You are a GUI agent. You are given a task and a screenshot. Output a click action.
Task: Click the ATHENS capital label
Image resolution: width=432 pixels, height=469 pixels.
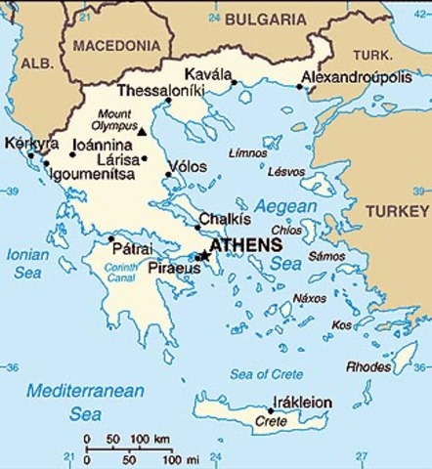point(246,245)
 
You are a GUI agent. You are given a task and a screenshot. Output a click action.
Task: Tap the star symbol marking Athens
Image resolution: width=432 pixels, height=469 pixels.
point(204,255)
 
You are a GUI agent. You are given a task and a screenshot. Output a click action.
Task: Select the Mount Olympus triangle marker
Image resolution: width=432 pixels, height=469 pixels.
point(142,131)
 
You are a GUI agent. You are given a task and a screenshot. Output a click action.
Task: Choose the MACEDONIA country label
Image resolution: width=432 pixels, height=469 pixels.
point(116,45)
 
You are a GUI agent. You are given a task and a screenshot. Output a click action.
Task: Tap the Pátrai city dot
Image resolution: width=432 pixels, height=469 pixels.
point(110,238)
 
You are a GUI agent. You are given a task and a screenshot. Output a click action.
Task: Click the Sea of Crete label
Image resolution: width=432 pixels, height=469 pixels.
point(265,374)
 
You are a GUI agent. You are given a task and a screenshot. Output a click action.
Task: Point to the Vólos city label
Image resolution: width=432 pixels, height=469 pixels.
point(188,167)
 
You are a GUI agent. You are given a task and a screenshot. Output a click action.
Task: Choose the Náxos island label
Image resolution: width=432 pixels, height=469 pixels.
point(310,297)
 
